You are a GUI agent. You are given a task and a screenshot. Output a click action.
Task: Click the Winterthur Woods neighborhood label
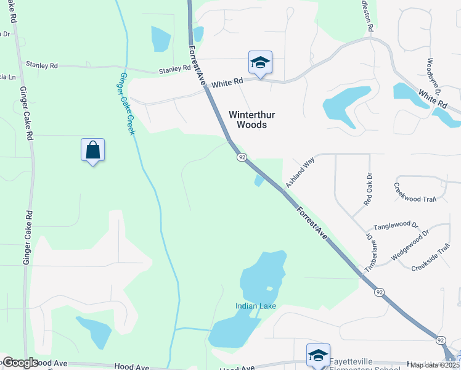[x=248, y=119]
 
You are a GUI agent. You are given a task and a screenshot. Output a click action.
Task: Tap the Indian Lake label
[x=255, y=306]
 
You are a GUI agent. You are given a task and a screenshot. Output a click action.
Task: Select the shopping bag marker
[x=92, y=150]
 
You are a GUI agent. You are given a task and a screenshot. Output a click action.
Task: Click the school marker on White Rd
[x=260, y=62]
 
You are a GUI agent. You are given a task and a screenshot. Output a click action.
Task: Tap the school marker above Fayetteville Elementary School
[x=318, y=355]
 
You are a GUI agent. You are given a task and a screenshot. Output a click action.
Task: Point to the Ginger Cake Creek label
[x=126, y=104]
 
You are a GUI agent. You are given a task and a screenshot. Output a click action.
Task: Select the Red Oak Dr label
[x=369, y=189]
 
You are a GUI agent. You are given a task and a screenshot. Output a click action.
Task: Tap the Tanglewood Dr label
[x=395, y=226]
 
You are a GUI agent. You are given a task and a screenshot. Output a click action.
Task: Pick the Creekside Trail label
[x=431, y=260]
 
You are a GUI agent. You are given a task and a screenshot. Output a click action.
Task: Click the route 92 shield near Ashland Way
[x=242, y=158]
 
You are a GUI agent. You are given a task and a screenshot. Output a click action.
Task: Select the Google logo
[x=20, y=363]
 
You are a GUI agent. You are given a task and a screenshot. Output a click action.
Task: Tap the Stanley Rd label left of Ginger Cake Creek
[x=41, y=64]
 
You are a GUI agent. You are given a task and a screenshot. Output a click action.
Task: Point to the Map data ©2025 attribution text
[x=435, y=366]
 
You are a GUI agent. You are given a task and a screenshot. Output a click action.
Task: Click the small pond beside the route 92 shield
[x=258, y=180]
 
